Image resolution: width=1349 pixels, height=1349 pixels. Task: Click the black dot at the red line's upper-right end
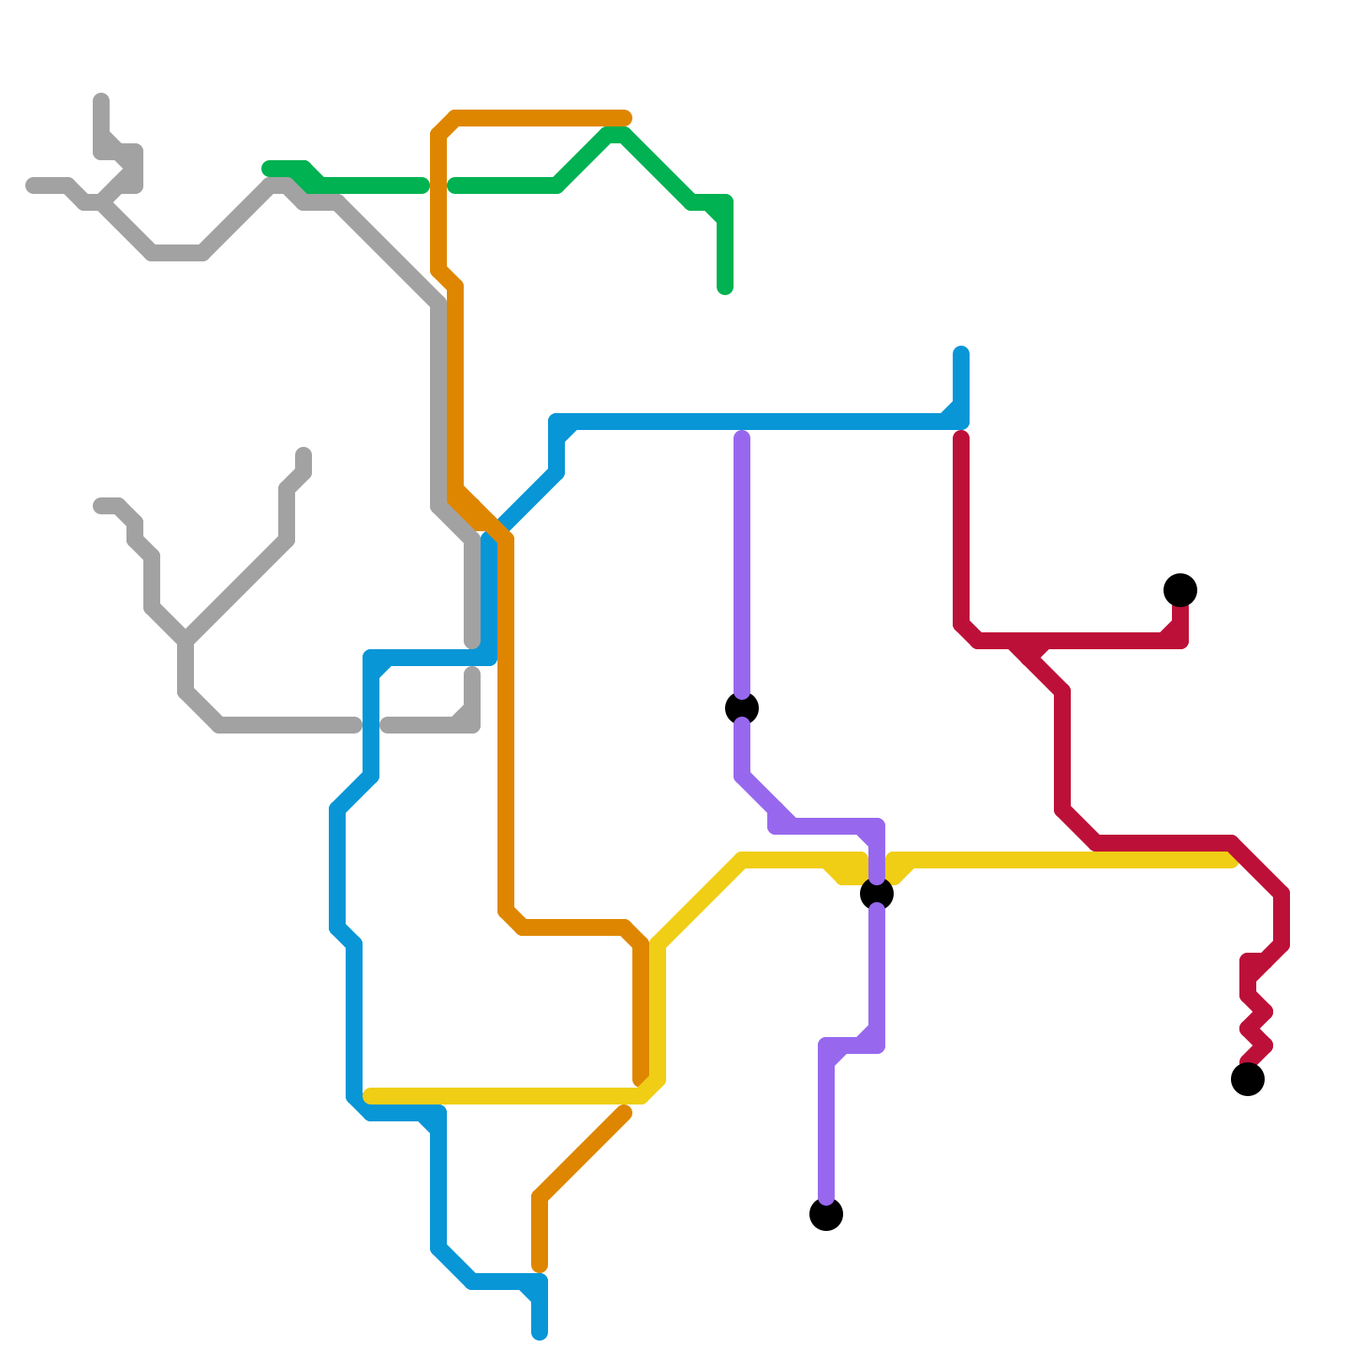tap(1180, 590)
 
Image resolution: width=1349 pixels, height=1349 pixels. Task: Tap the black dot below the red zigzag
tap(1248, 1079)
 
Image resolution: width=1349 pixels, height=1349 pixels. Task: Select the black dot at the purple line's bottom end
tap(826, 1214)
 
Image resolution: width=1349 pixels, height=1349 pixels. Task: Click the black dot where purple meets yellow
tap(877, 894)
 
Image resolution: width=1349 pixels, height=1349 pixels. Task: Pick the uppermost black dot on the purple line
tap(742, 708)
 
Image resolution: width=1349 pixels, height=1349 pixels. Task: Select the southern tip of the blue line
tap(540, 1332)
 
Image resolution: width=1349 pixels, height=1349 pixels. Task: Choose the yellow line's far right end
tap(1231, 860)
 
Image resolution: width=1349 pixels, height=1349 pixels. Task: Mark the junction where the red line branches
tap(1029, 649)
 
